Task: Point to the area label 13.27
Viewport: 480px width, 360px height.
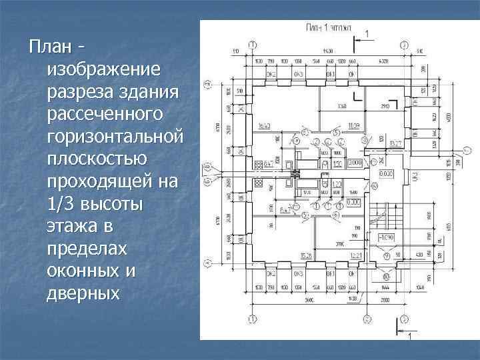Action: click(x=395, y=143)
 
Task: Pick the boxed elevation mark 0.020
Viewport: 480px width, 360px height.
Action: click(x=386, y=173)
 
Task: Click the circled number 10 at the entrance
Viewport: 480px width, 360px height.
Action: click(x=386, y=275)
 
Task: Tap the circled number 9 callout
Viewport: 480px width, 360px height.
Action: click(x=364, y=140)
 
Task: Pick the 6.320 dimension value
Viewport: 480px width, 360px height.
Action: click(x=383, y=61)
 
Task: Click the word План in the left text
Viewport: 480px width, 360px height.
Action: click(x=47, y=48)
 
